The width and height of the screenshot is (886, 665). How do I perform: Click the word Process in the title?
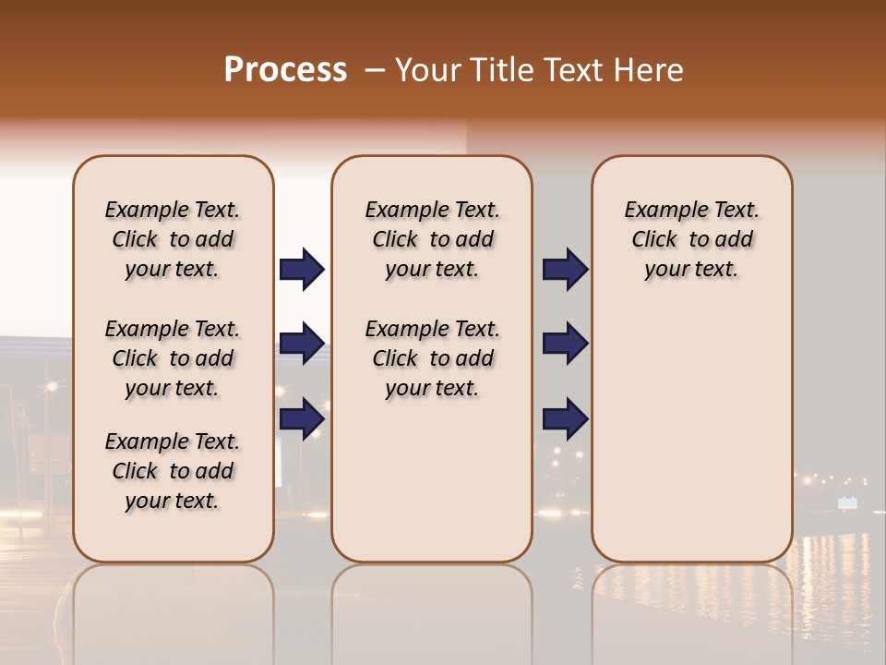(x=285, y=70)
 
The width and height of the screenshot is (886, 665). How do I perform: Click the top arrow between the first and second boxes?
(x=302, y=270)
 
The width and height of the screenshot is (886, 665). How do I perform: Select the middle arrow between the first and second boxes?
(x=302, y=344)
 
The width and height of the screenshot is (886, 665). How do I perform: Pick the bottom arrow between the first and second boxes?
(x=302, y=418)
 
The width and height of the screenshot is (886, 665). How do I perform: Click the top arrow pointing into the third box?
(x=565, y=270)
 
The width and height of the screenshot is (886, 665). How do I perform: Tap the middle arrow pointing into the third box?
(x=565, y=344)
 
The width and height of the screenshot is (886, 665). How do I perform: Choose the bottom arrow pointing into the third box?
(x=565, y=418)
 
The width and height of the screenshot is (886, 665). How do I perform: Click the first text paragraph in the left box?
(x=173, y=239)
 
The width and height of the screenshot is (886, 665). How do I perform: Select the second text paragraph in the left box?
(x=173, y=358)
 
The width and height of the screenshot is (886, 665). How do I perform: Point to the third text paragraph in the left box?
(x=173, y=471)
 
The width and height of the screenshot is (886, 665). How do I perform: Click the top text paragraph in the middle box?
(x=432, y=239)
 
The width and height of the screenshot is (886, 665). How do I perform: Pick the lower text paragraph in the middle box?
(x=432, y=358)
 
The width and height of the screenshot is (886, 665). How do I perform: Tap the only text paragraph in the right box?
(x=691, y=239)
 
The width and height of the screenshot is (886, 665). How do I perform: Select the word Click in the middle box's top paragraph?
(x=395, y=240)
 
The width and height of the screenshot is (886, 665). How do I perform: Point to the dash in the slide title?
(x=375, y=70)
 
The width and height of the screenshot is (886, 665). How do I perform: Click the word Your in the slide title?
(x=428, y=70)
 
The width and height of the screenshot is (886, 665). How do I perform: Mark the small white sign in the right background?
(x=847, y=502)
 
